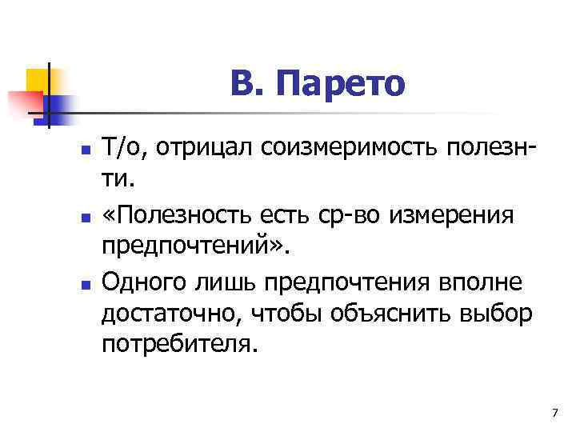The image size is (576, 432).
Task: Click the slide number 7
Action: [x=554, y=411]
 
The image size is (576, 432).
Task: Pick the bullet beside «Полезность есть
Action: [x=85, y=217]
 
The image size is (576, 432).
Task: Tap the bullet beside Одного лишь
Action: [x=85, y=284]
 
